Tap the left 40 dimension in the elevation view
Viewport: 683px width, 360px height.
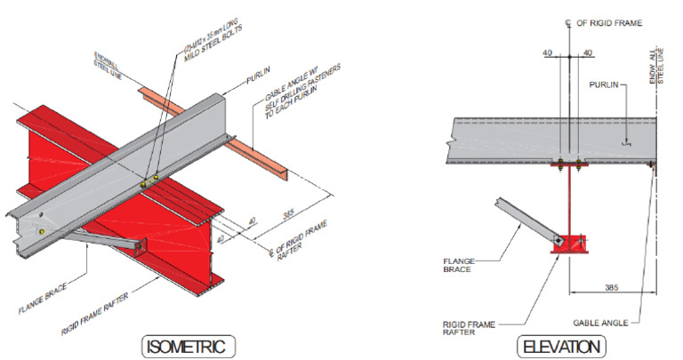point(548,53)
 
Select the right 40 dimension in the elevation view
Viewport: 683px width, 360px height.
point(587,53)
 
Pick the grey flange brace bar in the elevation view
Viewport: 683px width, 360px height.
point(519,220)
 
